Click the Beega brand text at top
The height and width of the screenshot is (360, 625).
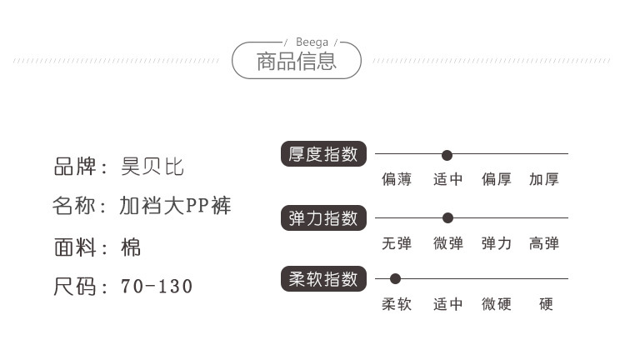pos(312,41)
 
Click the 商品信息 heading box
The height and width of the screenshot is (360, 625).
pos(297,62)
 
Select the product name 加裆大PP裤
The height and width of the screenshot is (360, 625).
pos(175,206)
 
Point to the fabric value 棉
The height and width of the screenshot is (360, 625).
pos(131,247)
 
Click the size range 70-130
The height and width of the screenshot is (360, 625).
pos(157,287)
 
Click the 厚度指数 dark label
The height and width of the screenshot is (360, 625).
pos(322,154)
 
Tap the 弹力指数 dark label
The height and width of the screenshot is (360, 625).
pos(322,217)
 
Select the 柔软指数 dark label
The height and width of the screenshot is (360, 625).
pos(322,278)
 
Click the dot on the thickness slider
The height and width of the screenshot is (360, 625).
pos(447,155)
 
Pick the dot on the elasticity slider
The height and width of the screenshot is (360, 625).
pos(447,218)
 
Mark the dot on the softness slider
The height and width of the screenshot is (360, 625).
pos(395,279)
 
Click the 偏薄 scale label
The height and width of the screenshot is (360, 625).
pos(397,179)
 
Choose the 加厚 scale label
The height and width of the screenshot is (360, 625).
pos(544,179)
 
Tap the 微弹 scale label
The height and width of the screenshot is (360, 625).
pos(447,243)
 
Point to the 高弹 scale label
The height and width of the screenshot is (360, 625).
pos(544,243)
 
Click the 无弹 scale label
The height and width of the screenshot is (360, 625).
pos(397,243)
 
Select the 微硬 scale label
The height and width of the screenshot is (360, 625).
pos(496,304)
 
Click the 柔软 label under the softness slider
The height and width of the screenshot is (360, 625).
pos(397,304)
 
